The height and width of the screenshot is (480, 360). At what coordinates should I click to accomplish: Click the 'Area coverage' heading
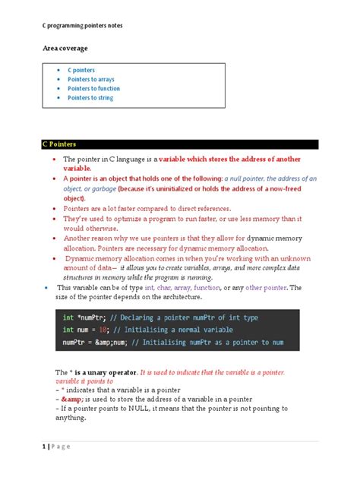pyautogui.click(x=65, y=48)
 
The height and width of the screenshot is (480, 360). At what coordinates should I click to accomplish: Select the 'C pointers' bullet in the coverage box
pyautogui.click(x=81, y=70)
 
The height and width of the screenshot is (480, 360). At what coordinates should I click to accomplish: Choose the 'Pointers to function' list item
pyautogui.click(x=94, y=88)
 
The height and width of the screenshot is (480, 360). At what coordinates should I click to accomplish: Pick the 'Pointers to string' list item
pyautogui.click(x=91, y=97)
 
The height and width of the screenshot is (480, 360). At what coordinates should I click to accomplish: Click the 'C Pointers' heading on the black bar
pyautogui.click(x=59, y=143)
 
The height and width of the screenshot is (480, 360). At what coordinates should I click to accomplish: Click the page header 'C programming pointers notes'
pyautogui.click(x=81, y=25)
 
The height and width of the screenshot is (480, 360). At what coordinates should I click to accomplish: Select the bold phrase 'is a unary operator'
pyautogui.click(x=103, y=371)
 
